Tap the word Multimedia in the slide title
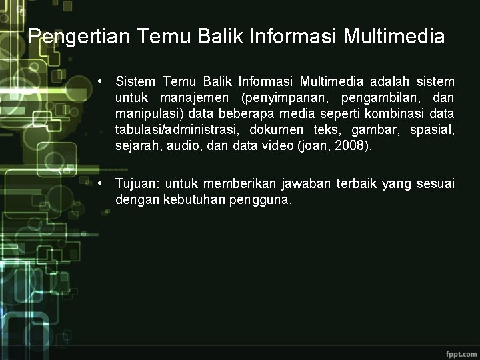(x=394, y=36)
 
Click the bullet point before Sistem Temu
(x=99, y=82)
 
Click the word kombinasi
(x=381, y=114)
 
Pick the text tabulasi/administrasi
(x=177, y=130)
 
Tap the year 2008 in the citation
(x=351, y=146)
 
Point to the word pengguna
(x=260, y=200)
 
